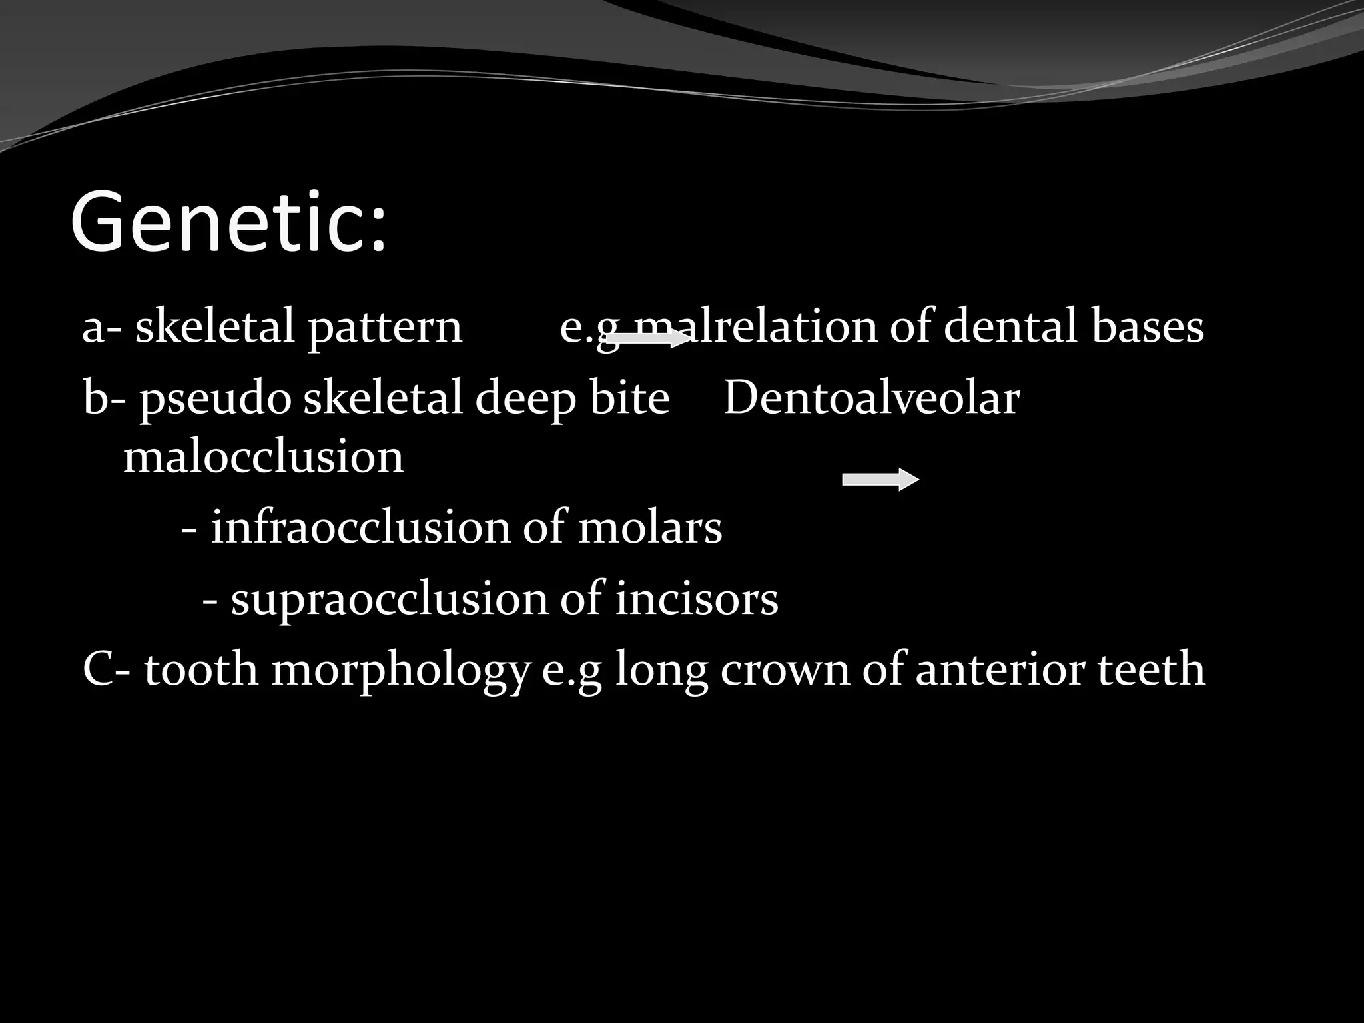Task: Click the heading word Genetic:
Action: click(228, 222)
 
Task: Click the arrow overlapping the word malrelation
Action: click(649, 339)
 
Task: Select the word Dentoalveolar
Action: click(871, 398)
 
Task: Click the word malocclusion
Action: click(264, 457)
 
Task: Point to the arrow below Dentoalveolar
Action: click(880, 479)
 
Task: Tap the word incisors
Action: click(696, 598)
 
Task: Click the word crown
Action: click(785, 670)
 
